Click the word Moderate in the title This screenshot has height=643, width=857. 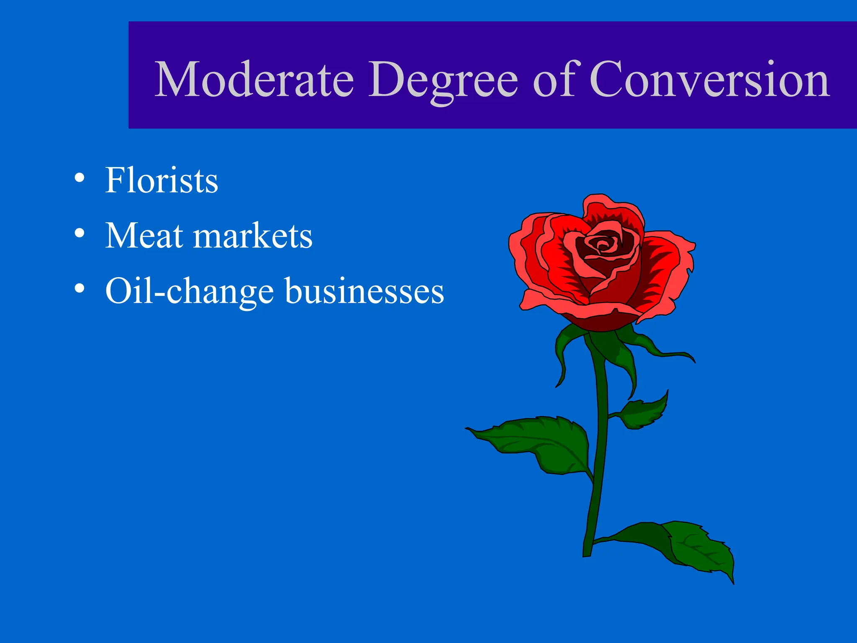coord(254,80)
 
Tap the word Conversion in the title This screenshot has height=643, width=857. coord(709,80)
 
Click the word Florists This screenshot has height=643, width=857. coord(162,180)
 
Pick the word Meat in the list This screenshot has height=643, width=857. coord(144,236)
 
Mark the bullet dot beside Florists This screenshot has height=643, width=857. coord(79,178)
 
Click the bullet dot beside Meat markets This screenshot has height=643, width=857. coord(79,234)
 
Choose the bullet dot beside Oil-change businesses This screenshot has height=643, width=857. coord(79,289)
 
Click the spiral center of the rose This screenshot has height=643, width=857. coord(603,245)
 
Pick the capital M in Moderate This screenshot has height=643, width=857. coord(177,80)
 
